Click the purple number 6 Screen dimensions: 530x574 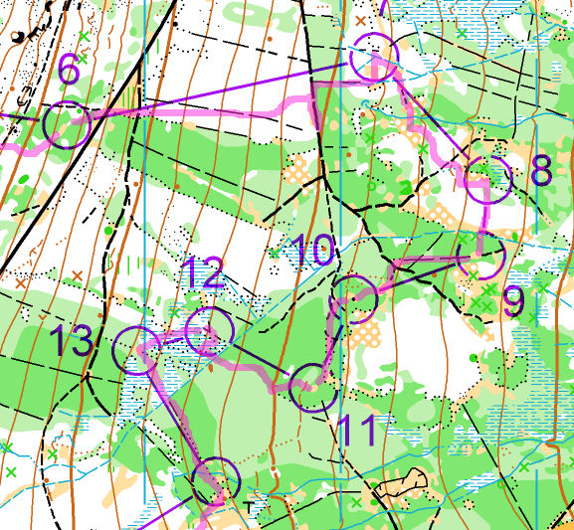[x=68, y=71]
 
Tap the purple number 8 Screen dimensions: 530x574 [x=541, y=171]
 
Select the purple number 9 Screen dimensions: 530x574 [x=514, y=301]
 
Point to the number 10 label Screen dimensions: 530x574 [x=315, y=252]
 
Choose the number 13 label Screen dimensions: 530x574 [x=72, y=342]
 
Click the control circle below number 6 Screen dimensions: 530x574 [x=68, y=125]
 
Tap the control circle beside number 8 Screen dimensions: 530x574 [x=488, y=179]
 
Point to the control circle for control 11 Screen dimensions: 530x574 [x=312, y=388]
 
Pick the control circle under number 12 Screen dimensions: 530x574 [x=209, y=331]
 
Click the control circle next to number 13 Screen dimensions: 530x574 [x=137, y=350]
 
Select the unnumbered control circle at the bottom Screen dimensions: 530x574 [x=215, y=482]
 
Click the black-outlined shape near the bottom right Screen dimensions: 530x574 [x=402, y=484]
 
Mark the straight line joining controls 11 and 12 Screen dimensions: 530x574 [x=260, y=359]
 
